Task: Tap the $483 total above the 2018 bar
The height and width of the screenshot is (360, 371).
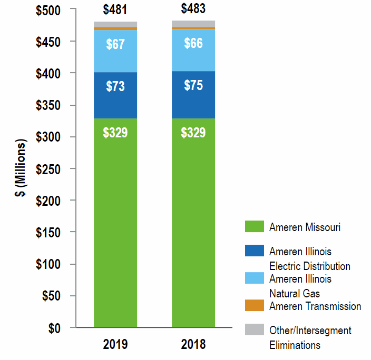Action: (193, 9)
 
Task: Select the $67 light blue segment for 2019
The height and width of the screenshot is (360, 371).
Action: (115, 45)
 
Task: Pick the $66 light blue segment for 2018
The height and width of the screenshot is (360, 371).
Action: (193, 44)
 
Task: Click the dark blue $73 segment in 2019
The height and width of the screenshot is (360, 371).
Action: (115, 87)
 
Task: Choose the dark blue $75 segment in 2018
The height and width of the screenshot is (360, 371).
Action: (193, 86)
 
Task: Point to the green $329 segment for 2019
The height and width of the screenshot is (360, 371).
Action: (115, 133)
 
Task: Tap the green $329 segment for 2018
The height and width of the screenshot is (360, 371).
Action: (193, 133)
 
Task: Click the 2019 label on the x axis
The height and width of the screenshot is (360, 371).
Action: (115, 345)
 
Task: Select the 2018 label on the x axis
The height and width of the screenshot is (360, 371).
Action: (193, 345)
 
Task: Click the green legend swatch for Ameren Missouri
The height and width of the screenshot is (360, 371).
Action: (254, 227)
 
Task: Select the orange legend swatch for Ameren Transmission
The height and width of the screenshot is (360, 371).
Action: (254, 305)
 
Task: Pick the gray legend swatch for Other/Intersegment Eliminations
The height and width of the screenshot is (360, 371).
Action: (254, 329)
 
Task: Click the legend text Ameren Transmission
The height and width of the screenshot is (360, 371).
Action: (315, 306)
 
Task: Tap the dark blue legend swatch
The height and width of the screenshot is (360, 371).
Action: (254, 251)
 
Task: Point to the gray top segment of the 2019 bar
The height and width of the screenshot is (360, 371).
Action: (115, 24)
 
